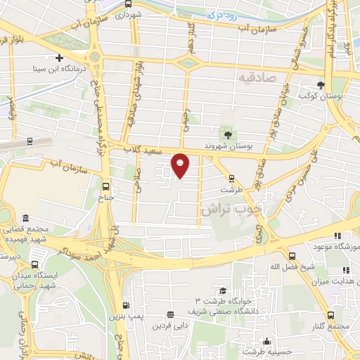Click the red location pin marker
181,165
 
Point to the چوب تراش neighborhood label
231,209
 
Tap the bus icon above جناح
106,186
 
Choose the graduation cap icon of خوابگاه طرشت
222,290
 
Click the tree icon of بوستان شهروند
227,134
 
